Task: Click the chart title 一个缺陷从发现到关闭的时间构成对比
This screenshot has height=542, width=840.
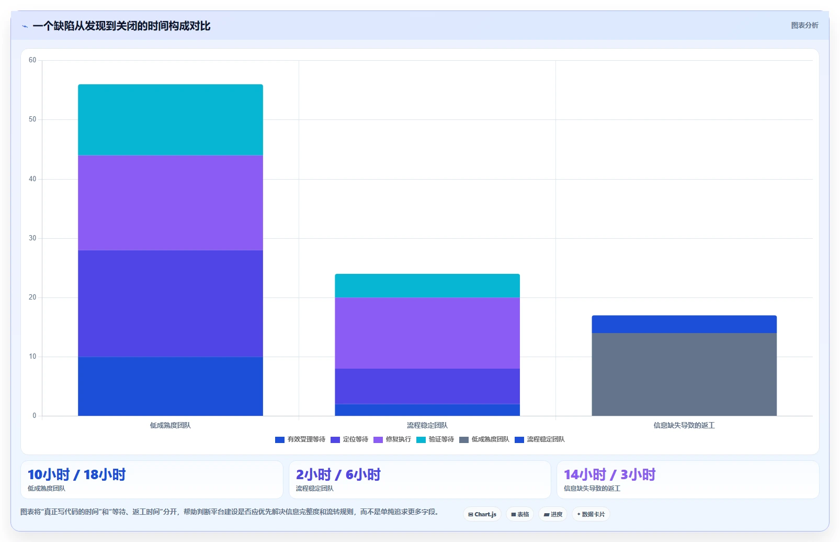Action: pos(121,26)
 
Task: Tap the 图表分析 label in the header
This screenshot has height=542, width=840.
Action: pos(804,26)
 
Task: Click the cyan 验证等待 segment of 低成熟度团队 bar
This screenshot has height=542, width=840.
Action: pos(171,120)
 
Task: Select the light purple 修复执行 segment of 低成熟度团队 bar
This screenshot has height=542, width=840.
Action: pos(171,203)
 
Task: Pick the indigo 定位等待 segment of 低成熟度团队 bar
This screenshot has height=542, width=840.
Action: pos(171,303)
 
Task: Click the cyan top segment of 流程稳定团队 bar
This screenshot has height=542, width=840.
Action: pos(427,285)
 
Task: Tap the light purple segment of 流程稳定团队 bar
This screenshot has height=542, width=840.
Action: pos(427,333)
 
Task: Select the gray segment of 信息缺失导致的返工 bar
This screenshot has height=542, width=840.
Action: pos(684,374)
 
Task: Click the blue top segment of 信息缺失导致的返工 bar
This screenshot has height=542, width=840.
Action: pos(684,324)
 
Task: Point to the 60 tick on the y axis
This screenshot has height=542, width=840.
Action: pos(32,60)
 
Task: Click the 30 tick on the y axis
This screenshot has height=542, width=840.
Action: pos(32,238)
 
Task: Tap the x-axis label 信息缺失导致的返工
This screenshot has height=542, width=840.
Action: pos(684,425)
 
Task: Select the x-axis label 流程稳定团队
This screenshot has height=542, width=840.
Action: pos(427,425)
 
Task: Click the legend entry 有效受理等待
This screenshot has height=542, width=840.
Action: pos(300,439)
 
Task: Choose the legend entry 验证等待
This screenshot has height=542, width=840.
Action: pos(435,439)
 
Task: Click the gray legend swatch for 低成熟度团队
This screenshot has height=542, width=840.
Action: pos(464,440)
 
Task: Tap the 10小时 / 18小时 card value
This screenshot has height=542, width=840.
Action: pos(76,474)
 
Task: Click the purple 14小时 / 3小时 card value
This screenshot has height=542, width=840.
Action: pos(610,474)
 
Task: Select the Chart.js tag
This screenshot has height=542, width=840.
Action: pos(482,514)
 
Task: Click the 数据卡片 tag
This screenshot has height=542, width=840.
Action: pos(591,514)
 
